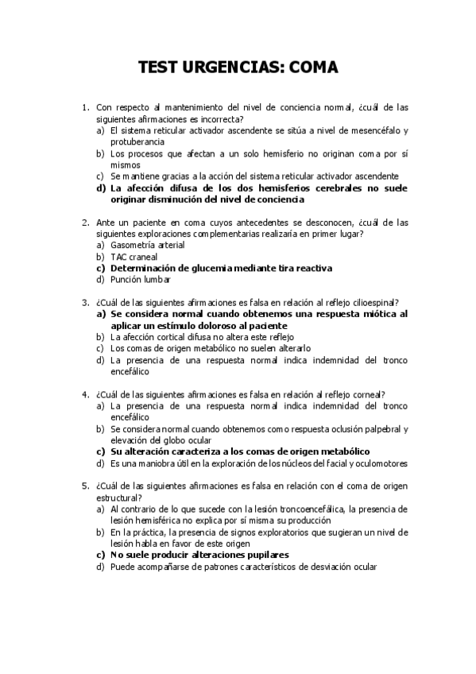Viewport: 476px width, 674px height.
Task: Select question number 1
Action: [85, 107]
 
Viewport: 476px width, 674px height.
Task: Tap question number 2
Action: [85, 223]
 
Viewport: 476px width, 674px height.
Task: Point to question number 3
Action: [85, 302]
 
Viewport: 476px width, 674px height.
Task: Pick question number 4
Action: [85, 394]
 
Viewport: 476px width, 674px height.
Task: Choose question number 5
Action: [85, 486]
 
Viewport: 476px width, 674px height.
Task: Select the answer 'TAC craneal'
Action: [134, 257]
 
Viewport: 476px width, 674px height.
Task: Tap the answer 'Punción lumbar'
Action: [140, 280]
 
